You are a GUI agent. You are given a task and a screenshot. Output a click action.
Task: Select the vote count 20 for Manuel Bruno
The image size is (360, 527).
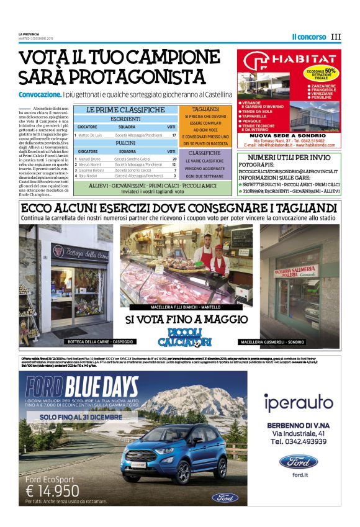[x=174, y=159]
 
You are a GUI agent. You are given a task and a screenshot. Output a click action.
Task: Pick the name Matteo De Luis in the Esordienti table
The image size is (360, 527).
[x=91, y=135]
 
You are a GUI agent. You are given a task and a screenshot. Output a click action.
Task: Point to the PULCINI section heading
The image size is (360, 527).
[x=125, y=143]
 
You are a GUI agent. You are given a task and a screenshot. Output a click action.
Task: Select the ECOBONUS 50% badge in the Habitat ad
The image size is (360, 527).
[x=323, y=72]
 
